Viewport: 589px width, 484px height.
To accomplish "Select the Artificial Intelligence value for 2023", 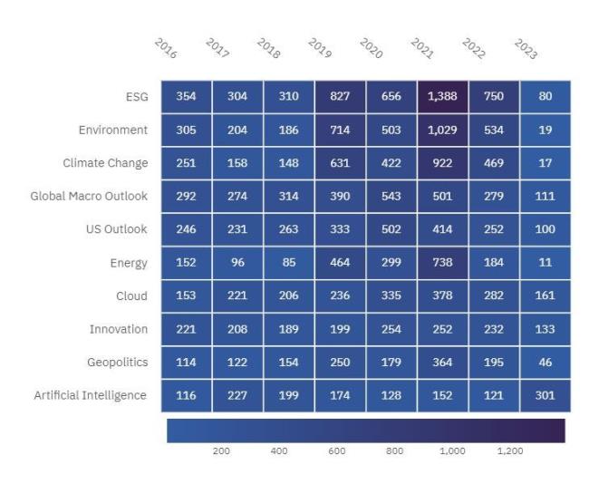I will click(x=545, y=395).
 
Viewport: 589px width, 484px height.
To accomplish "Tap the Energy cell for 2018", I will click(x=289, y=263).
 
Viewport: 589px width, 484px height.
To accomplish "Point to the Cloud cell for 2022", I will click(x=494, y=295).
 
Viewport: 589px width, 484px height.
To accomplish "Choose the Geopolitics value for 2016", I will click(x=187, y=362).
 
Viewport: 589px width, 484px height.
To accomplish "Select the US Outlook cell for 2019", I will click(x=341, y=229).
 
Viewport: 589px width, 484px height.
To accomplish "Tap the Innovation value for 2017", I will click(x=237, y=329).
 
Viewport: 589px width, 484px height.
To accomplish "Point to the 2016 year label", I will click(x=166, y=48).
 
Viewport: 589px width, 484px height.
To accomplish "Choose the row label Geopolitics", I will click(x=118, y=362).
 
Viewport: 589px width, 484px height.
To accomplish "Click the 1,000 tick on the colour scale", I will click(x=452, y=450).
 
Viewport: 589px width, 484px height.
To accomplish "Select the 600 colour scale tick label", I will click(x=336, y=450).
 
